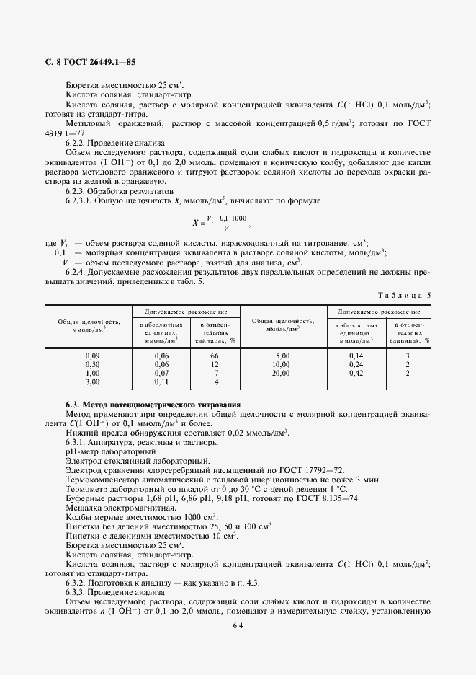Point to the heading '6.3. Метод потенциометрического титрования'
(153, 405)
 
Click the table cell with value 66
(214, 356)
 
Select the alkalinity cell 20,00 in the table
(282, 374)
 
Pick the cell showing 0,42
(356, 374)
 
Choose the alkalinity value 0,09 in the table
(92, 356)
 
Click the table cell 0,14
(356, 356)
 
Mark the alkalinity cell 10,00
(282, 365)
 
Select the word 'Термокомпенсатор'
(101, 479)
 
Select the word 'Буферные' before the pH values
(85, 498)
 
